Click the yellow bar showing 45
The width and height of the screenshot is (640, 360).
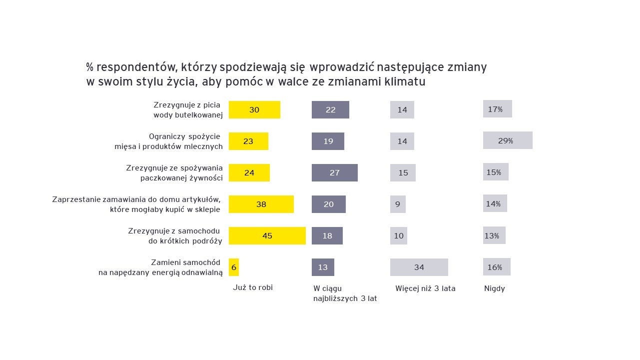tap(267, 235)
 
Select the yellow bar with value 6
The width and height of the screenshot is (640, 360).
tap(234, 267)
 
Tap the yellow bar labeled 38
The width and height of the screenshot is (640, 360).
tap(261, 204)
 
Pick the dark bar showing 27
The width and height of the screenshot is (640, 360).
tap(335, 172)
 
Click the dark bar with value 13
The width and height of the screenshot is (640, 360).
tap(323, 267)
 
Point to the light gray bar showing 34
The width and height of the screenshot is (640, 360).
tap(419, 267)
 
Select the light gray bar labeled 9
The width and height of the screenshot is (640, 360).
tap(398, 204)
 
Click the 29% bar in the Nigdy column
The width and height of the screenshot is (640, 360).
tap(508, 140)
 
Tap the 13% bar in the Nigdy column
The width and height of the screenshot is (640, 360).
tap(494, 235)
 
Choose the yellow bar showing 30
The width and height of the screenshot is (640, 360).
tap(254, 109)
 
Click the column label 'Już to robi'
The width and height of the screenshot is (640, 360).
tap(253, 287)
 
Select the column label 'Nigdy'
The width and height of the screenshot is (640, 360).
tap(495, 288)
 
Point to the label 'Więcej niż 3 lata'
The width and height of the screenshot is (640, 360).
tap(425, 288)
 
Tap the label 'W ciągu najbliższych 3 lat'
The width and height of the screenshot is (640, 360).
tap(345, 293)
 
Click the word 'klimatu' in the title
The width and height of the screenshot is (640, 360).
tap(405, 81)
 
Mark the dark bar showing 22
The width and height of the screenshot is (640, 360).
tap(330, 109)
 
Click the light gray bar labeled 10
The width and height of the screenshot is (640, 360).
tap(399, 235)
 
